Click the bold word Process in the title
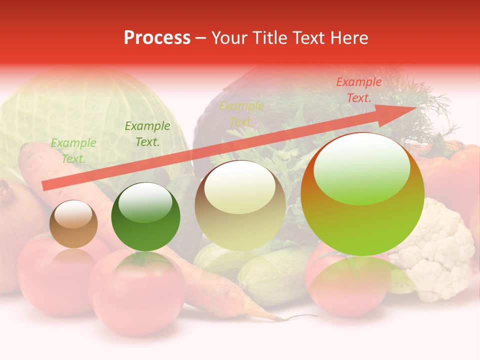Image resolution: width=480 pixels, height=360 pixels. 157,38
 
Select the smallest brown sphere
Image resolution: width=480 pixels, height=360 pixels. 73,224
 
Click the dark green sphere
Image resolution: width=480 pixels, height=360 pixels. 145,217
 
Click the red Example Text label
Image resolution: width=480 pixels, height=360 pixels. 358,90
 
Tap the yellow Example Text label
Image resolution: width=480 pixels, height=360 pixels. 241,114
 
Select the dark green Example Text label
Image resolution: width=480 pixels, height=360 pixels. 147,134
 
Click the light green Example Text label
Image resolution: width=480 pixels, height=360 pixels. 73,151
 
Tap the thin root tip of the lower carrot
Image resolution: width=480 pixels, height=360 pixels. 300,316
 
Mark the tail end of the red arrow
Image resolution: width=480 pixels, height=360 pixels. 45,186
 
